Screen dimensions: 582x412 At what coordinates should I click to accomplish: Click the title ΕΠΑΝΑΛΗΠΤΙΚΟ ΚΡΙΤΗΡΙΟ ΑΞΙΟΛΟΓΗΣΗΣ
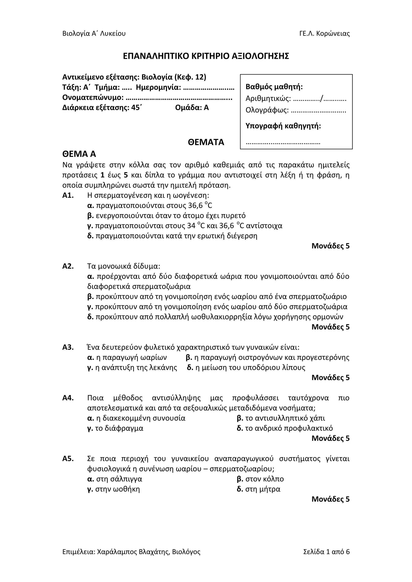click(206, 56)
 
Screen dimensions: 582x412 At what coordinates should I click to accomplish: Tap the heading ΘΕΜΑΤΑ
click(206, 142)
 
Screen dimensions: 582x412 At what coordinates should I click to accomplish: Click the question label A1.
click(68, 195)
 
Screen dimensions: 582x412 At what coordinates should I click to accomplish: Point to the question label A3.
click(68, 347)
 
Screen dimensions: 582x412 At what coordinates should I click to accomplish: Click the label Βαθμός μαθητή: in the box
click(274, 87)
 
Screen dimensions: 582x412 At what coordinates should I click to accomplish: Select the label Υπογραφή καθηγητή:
click(283, 126)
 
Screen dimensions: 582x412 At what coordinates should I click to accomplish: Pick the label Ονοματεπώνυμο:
click(93, 97)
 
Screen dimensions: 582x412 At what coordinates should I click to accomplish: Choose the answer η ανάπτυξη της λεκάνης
click(136, 367)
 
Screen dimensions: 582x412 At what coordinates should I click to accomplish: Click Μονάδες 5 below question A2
click(330, 327)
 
